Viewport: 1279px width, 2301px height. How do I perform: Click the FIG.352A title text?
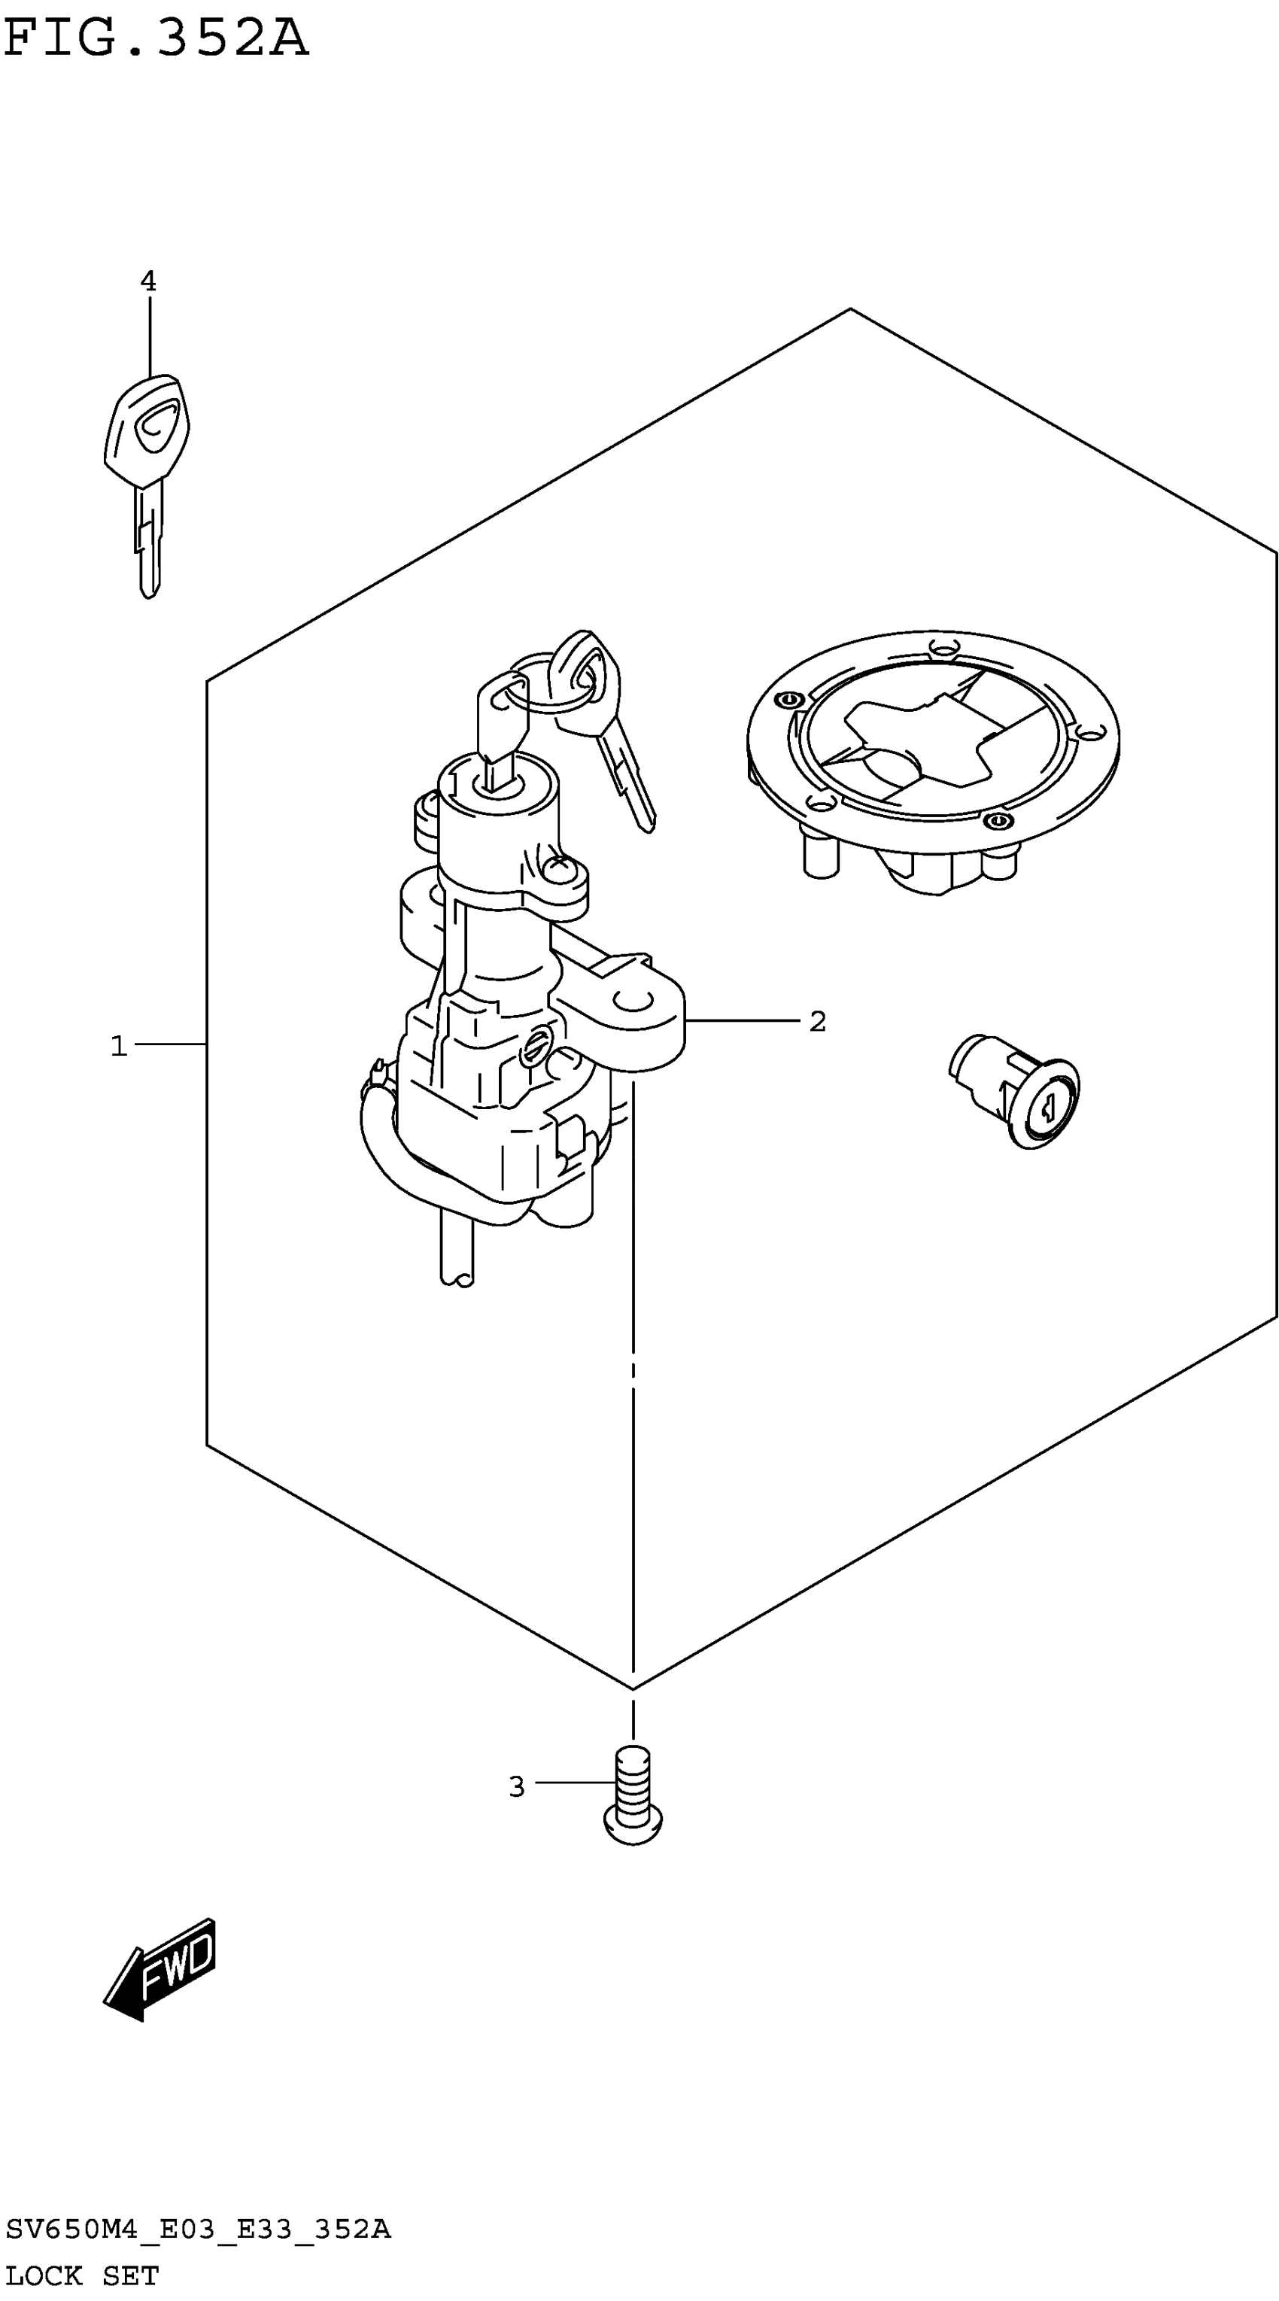[156, 38]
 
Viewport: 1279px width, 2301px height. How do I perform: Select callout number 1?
[119, 1045]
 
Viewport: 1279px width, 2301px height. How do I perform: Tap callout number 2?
[817, 1021]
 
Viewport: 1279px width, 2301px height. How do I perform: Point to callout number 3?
[516, 1786]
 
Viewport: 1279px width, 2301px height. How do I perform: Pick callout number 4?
[148, 281]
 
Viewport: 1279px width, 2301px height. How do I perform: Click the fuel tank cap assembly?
[934, 759]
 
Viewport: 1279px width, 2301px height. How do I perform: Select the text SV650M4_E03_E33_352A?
[197, 2230]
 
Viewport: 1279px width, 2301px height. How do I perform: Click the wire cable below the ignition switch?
[455, 1251]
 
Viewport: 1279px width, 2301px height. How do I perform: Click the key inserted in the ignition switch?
[502, 728]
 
